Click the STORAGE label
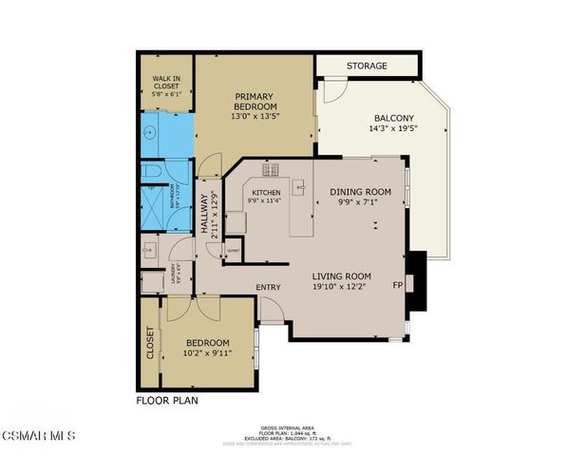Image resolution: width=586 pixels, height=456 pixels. (366, 66)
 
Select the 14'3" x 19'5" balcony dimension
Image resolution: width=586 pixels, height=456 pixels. (393, 128)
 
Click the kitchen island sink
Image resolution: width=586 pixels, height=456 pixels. (301, 188)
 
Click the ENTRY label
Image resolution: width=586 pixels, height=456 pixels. (268, 287)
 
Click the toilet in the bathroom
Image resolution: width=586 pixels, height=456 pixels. (155, 171)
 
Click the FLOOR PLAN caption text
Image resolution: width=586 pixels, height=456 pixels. (167, 400)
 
